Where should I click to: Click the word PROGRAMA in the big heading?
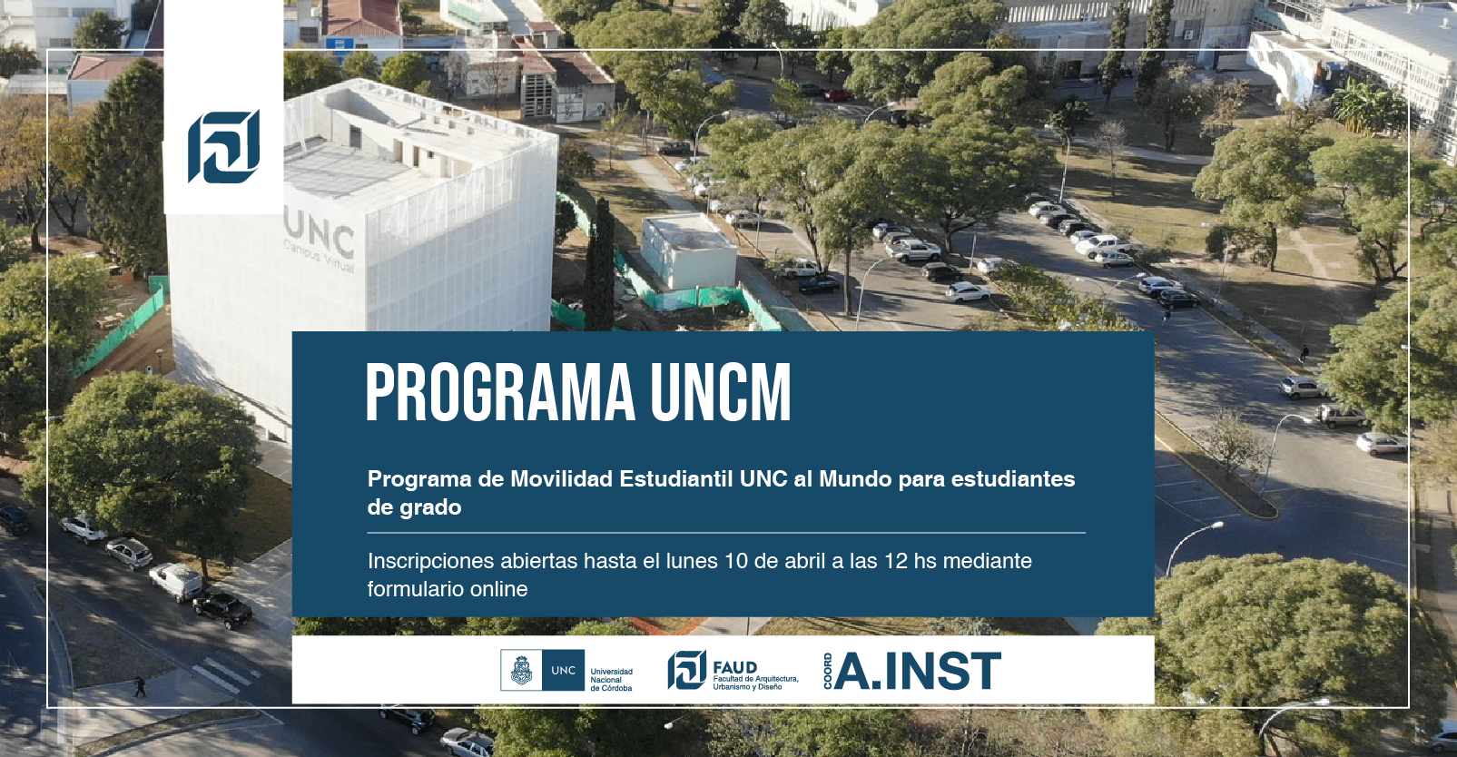point(500,392)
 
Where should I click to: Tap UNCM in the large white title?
point(721,392)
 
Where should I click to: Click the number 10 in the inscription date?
point(736,561)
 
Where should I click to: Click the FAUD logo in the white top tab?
point(223,146)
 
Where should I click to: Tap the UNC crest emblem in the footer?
point(521,670)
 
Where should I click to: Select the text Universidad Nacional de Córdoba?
point(612,680)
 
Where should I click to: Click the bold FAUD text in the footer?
point(735,667)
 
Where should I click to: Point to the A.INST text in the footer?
point(917,671)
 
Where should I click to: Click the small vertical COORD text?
point(827,671)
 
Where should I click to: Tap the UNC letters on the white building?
point(320,233)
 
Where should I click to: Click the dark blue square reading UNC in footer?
point(564,670)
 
